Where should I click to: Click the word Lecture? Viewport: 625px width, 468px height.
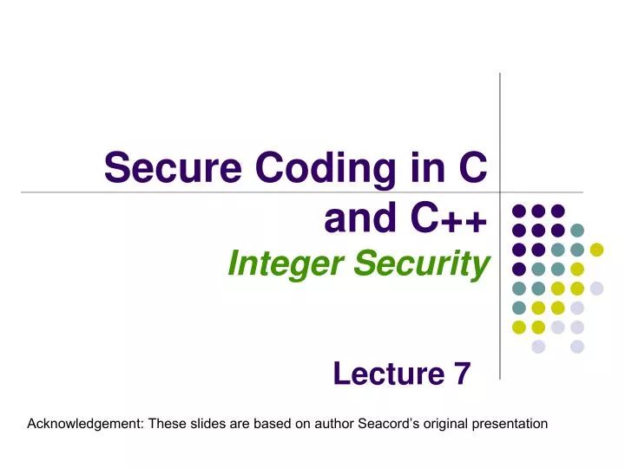(x=388, y=374)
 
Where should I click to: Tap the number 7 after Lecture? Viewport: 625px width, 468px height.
(x=461, y=374)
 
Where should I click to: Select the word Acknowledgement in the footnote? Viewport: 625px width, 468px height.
(x=85, y=424)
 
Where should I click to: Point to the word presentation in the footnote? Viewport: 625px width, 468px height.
(x=509, y=424)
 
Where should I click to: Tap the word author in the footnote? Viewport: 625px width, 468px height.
(x=335, y=424)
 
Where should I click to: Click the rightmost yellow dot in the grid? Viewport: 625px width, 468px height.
(x=597, y=250)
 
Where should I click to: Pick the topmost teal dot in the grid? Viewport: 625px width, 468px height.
(x=578, y=231)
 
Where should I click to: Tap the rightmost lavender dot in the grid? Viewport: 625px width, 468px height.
(x=597, y=289)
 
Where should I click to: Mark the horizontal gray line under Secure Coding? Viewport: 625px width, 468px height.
(x=260, y=192)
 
